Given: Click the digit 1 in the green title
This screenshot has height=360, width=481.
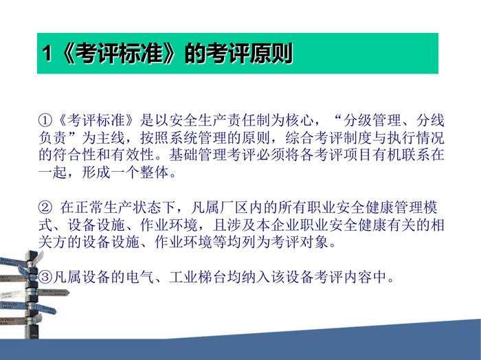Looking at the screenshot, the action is [47, 54].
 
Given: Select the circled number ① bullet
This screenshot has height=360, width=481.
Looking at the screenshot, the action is [45, 120].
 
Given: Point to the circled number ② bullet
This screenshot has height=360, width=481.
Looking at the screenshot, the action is [45, 207].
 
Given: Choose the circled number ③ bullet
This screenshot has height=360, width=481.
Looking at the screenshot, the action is [45, 277].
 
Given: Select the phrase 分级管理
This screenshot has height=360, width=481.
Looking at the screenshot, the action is [372, 120].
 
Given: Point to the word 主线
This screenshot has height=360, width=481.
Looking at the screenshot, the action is [111, 137].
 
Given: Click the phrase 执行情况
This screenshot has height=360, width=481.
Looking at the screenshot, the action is [416, 137].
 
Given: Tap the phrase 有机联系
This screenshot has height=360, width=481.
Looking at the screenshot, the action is [401, 155].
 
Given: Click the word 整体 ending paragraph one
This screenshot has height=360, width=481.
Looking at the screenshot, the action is [155, 172].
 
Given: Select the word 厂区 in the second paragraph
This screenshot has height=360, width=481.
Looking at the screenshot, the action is [234, 207].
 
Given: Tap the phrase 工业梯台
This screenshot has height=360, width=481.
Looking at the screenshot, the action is [198, 277].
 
